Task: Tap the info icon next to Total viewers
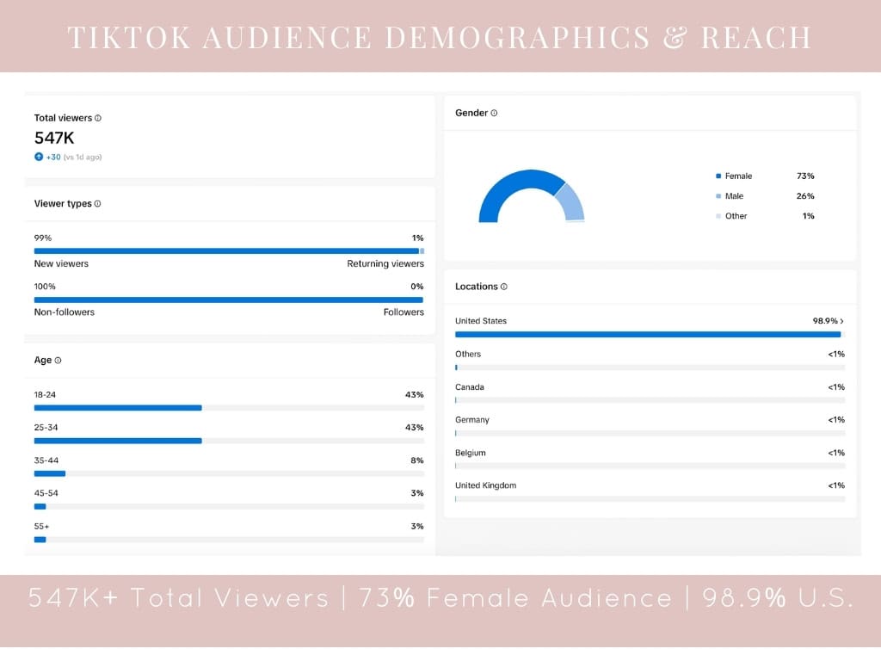click(98, 118)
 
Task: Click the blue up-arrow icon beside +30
click(39, 157)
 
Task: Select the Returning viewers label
click(385, 263)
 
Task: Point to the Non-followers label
click(64, 312)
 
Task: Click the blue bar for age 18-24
click(118, 408)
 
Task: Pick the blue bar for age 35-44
click(50, 473)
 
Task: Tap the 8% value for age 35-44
click(416, 460)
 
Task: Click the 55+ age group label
click(41, 526)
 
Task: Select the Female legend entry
click(737, 176)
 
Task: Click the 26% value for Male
click(804, 196)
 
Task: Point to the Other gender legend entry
click(736, 216)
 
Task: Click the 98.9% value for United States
click(825, 321)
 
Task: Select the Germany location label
click(471, 420)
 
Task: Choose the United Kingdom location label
click(485, 485)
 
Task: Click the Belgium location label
click(470, 453)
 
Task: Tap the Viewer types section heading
click(62, 204)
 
